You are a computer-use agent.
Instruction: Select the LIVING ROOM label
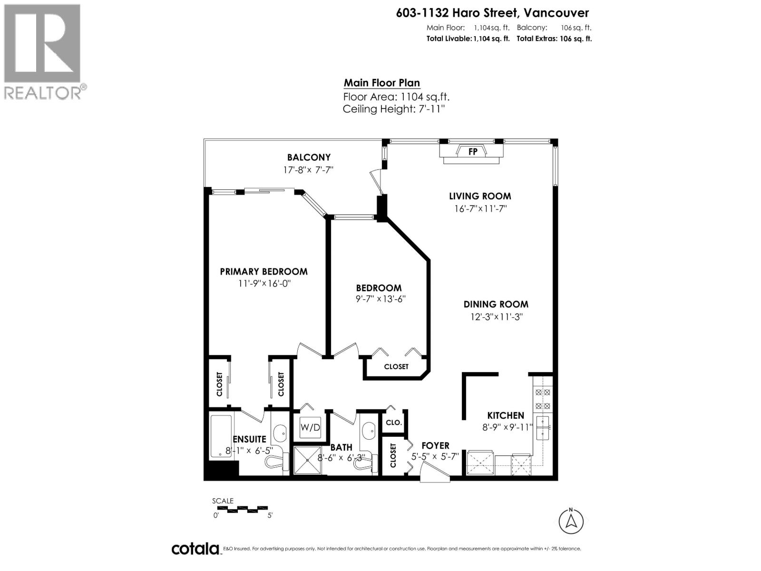tap(480, 196)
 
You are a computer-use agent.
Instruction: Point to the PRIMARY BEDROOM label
tap(263, 272)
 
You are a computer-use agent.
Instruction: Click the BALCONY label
tap(309, 158)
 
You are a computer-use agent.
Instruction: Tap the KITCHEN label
tap(505, 415)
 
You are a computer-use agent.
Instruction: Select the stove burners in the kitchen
tap(543, 399)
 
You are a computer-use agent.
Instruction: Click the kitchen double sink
tap(542, 428)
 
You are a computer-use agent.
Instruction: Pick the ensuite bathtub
tap(221, 436)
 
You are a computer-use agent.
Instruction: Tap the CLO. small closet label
tap(394, 423)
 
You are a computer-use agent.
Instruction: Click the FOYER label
tap(435, 446)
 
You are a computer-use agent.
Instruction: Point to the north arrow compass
tap(571, 521)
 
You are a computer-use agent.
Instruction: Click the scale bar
tap(242, 509)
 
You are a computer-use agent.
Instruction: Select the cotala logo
tap(195, 549)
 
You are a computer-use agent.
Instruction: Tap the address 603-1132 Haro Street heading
tap(492, 13)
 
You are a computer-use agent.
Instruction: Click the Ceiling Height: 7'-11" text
tap(393, 109)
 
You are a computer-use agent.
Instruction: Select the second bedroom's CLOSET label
tap(396, 366)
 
